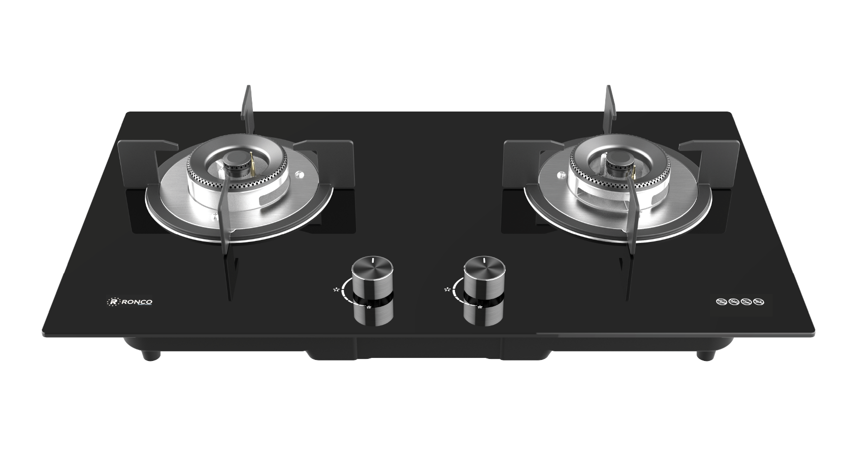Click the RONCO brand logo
click(131, 302)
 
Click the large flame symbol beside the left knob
click(335, 290)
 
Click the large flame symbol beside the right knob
click(447, 290)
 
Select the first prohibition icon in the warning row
click(720, 303)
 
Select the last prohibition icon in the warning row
click(759, 303)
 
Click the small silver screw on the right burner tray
click(562, 176)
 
